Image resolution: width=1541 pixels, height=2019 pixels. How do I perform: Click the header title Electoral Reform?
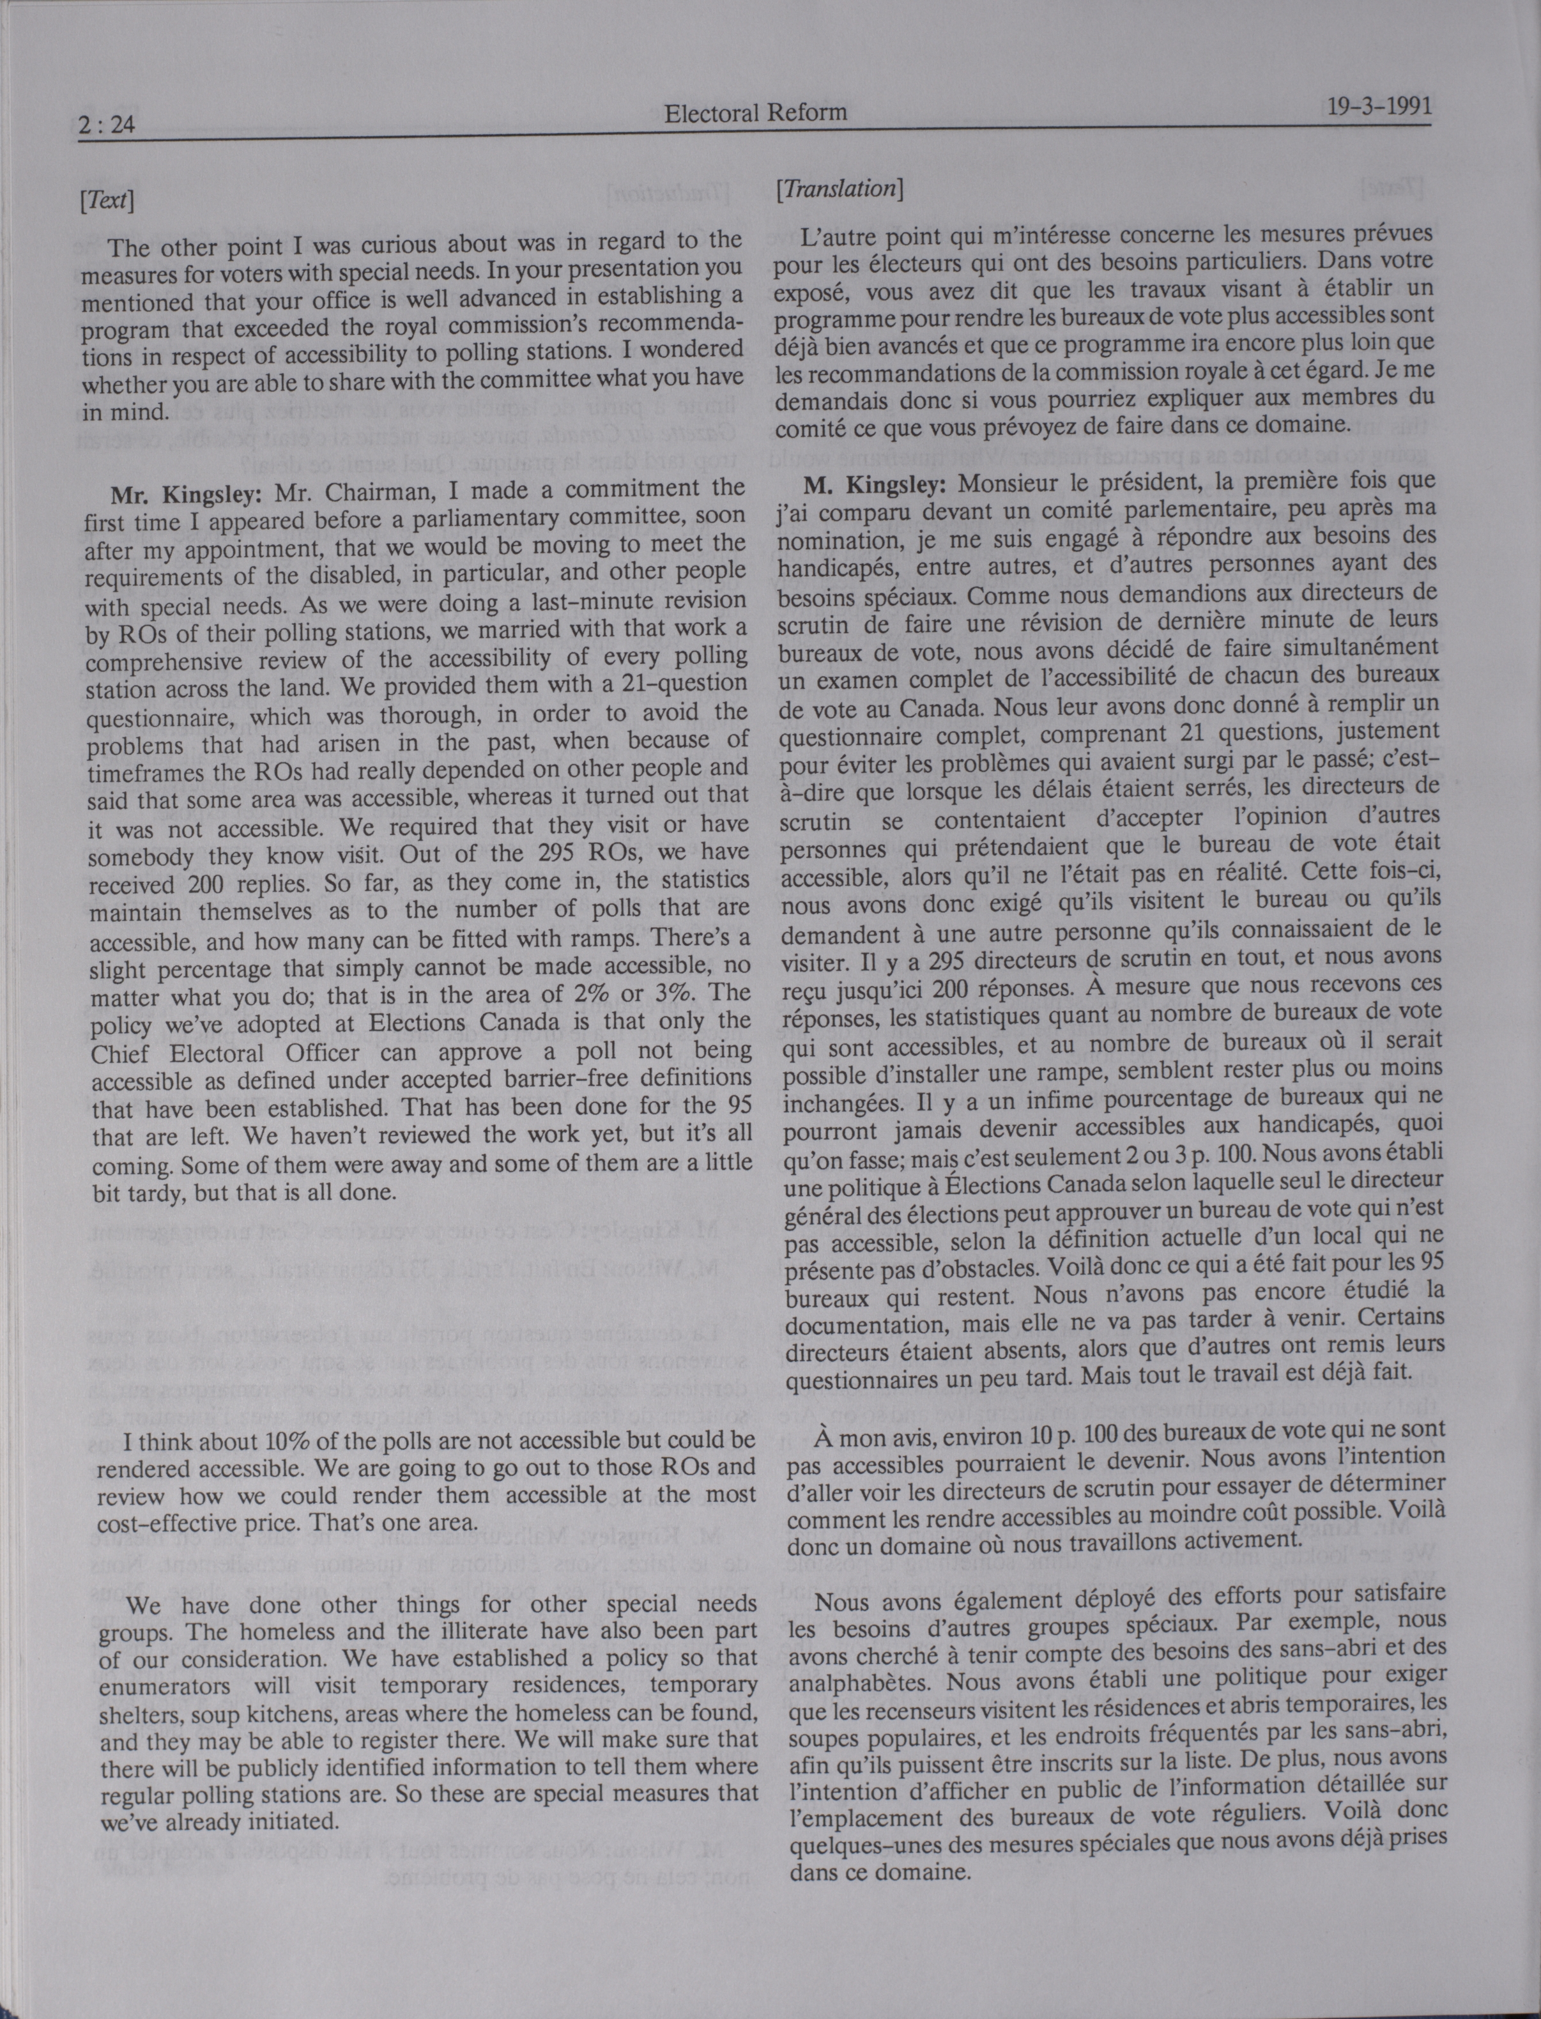[755, 113]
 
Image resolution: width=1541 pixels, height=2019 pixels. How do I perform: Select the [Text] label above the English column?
[108, 200]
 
